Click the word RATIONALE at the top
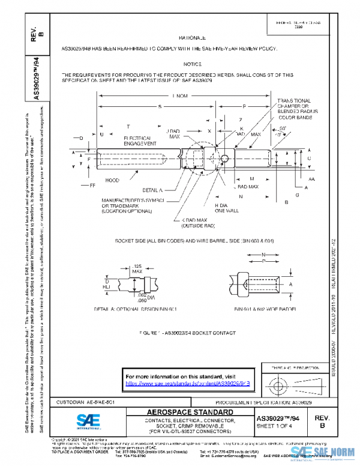click(193, 37)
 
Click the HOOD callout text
click(112, 180)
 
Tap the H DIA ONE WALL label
click(227, 208)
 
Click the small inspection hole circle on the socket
click(224, 159)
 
